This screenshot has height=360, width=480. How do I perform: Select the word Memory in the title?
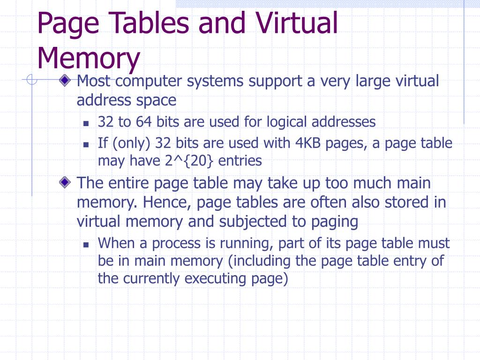[x=89, y=58]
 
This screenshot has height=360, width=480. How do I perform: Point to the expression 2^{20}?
[x=189, y=161]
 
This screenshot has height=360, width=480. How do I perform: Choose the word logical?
[x=287, y=122]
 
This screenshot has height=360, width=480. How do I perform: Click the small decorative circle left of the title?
[x=31, y=81]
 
